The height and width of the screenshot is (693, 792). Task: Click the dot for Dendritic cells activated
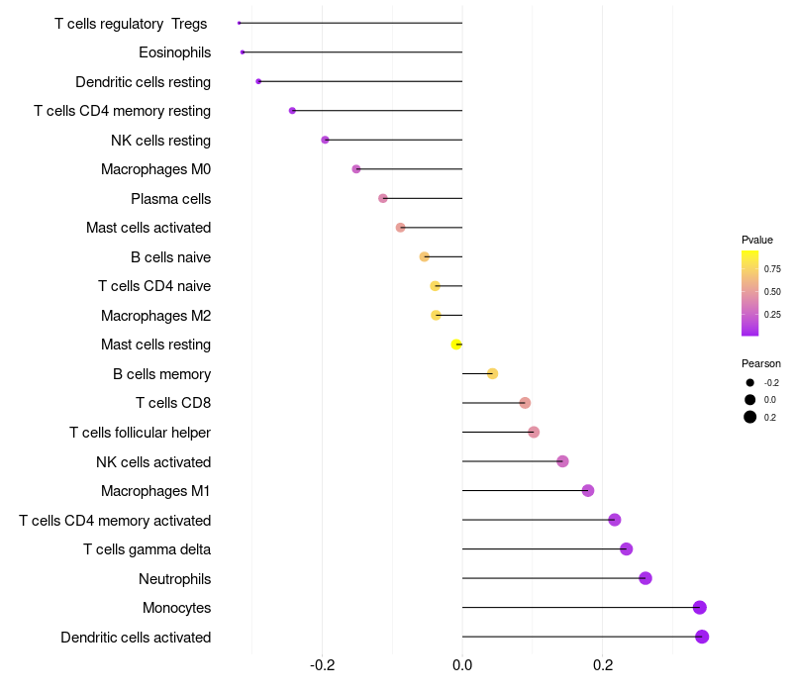[x=702, y=637]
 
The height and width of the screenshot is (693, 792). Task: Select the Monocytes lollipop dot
[x=700, y=608]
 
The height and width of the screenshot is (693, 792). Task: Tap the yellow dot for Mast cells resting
[x=456, y=345]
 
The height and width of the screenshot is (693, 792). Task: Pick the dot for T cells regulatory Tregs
[x=240, y=23]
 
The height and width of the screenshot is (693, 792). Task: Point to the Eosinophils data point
[x=243, y=51]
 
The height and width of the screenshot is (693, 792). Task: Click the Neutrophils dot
[x=645, y=578]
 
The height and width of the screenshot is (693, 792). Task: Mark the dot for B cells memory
[x=492, y=373]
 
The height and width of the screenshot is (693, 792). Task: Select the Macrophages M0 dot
[x=356, y=169]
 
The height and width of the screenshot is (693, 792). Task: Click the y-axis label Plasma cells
[x=170, y=199]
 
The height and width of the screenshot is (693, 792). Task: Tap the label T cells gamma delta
[x=147, y=549]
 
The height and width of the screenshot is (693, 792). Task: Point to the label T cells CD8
[x=172, y=403]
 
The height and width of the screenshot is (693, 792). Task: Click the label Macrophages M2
[x=155, y=316]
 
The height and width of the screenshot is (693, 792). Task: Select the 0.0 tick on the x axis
[x=462, y=665]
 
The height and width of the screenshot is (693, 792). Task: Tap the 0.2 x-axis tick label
[x=603, y=665]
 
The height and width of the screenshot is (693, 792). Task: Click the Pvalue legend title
[x=757, y=240]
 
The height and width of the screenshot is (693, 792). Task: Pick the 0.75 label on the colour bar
[x=772, y=268]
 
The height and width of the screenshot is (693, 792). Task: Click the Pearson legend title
[x=761, y=363]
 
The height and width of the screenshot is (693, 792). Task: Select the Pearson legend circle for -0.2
[x=750, y=383]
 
